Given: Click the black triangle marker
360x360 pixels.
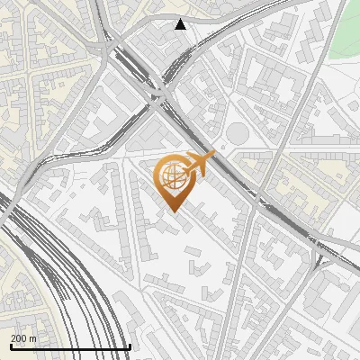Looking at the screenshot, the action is [x=181, y=24].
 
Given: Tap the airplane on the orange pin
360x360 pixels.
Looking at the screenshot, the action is [x=200, y=164].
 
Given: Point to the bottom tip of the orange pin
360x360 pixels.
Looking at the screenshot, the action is [x=171, y=211].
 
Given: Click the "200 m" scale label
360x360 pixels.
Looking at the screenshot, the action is [x=24, y=338].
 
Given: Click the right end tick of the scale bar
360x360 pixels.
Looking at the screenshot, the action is [x=130, y=346].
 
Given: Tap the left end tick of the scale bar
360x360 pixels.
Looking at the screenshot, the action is [x=11, y=346].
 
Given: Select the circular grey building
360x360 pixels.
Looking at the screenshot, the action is [x=236, y=133].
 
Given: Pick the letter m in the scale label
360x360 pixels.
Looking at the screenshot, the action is [x=32, y=338].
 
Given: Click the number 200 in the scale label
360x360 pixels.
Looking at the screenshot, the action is [x=20, y=338].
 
